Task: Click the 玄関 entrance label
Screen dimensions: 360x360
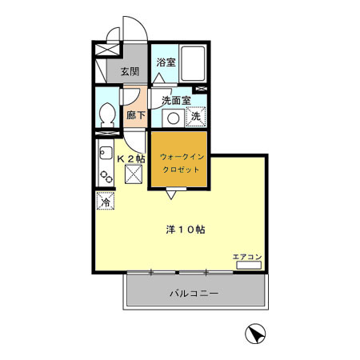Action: click(x=130, y=71)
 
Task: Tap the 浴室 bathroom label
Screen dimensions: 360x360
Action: click(x=166, y=62)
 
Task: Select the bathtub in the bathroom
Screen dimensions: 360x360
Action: click(x=193, y=63)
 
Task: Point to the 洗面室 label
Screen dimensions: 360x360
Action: click(x=176, y=101)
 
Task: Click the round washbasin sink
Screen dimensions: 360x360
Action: click(x=174, y=118)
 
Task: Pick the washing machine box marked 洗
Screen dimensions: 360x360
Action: click(x=196, y=116)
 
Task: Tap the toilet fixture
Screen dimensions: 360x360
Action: click(x=107, y=115)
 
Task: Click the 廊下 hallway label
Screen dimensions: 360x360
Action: click(x=136, y=115)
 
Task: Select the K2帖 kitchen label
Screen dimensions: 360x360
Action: click(x=131, y=159)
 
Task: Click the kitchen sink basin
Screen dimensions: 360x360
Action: click(x=106, y=153)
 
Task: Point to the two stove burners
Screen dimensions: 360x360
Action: click(x=106, y=177)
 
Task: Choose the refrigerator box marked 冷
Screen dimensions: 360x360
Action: click(x=106, y=201)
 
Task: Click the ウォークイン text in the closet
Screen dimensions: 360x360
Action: click(x=182, y=157)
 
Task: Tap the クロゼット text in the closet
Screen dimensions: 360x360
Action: click(x=181, y=170)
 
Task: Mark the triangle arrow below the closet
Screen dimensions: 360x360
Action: click(x=171, y=195)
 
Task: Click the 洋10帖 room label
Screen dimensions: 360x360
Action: click(x=186, y=230)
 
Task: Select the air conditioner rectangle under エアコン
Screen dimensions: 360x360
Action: click(x=249, y=266)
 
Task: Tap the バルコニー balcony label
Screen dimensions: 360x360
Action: click(x=194, y=294)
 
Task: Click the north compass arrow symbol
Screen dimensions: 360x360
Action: click(x=255, y=334)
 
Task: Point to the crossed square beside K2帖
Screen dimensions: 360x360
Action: click(x=134, y=174)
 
